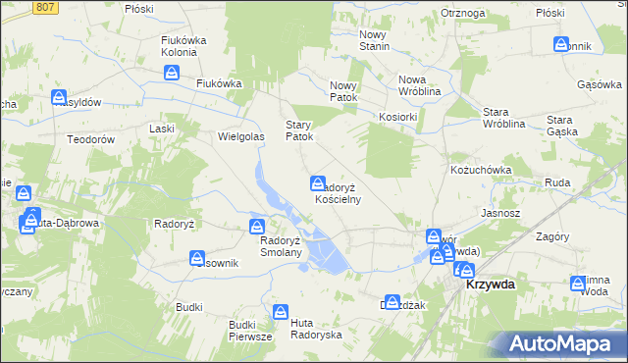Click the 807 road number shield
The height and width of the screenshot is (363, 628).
point(44,7)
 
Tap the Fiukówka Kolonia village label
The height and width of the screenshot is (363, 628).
point(187,46)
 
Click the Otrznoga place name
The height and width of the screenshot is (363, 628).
point(464,13)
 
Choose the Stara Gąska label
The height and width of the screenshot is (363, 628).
point(567,125)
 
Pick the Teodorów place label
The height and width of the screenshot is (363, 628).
point(91,139)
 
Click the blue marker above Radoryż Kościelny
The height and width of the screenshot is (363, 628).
point(318,182)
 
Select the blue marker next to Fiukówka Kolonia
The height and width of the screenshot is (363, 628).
point(172,73)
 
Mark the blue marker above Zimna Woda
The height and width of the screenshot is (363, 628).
point(578,284)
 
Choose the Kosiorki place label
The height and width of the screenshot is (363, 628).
point(398,117)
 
